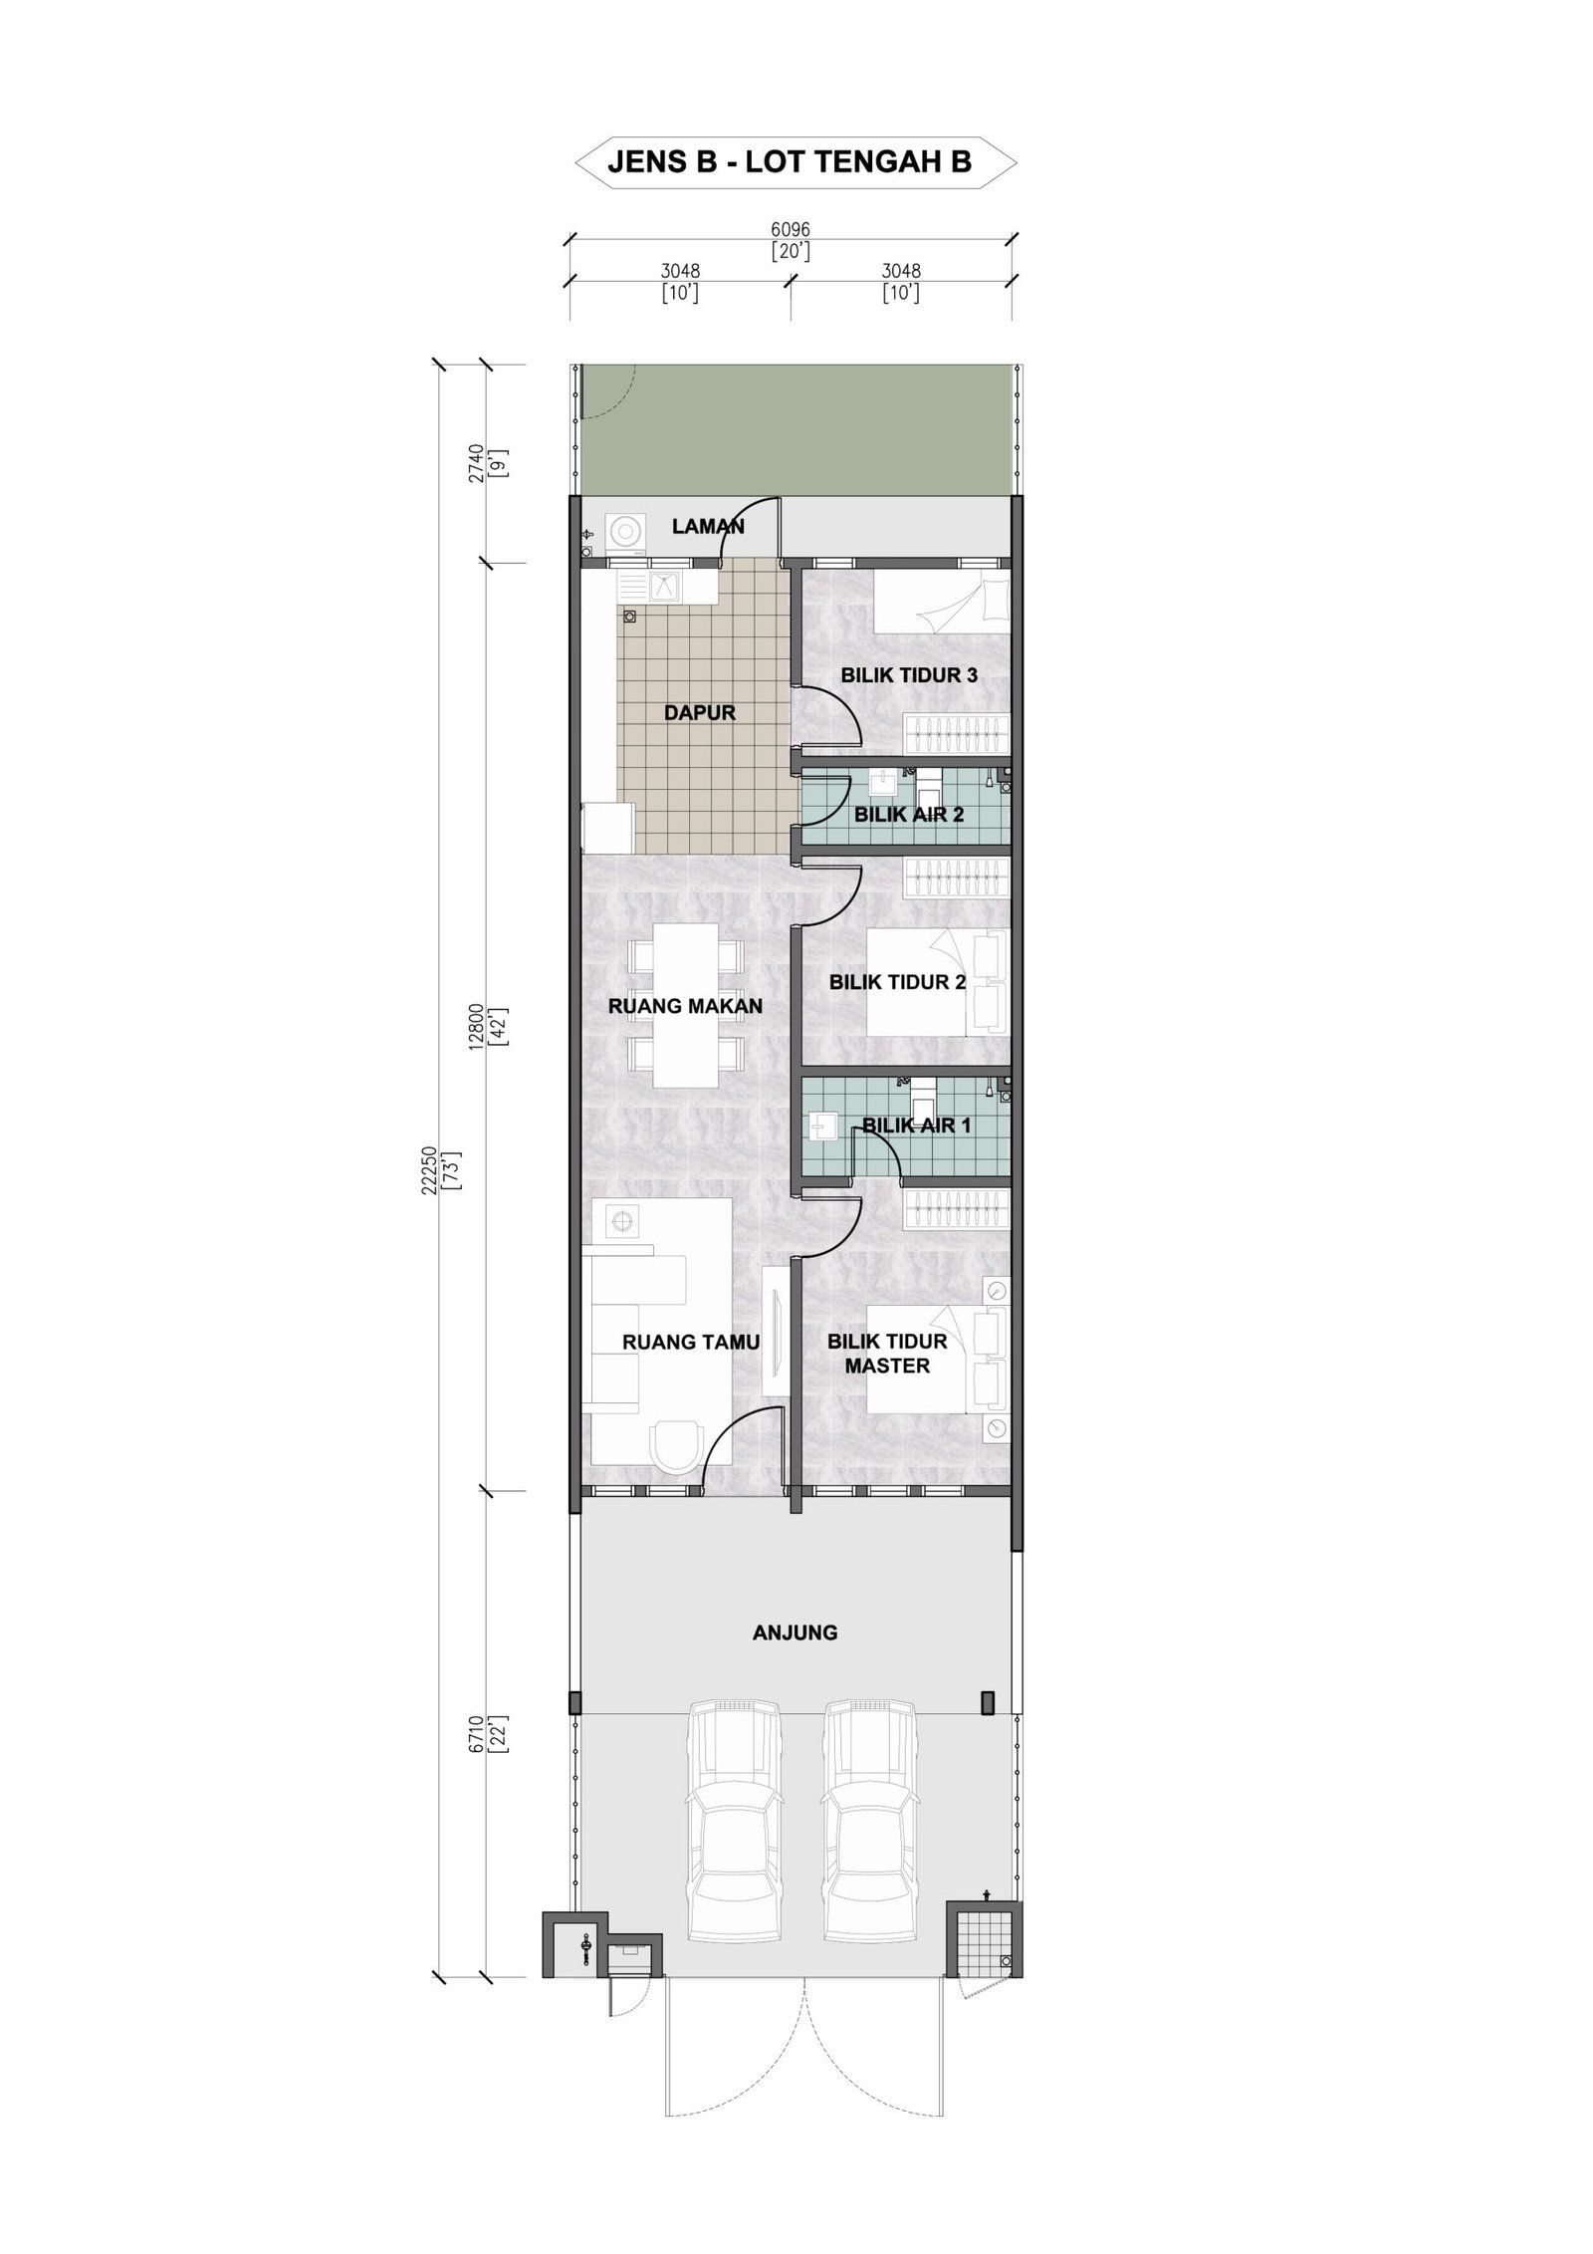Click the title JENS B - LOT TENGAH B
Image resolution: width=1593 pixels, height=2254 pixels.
(x=789, y=162)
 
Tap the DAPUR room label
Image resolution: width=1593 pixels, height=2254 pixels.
(x=699, y=712)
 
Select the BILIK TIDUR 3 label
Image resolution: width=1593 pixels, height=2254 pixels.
(x=909, y=674)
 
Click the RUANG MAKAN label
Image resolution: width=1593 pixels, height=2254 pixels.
(x=685, y=1006)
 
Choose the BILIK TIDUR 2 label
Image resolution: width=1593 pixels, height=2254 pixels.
(x=898, y=982)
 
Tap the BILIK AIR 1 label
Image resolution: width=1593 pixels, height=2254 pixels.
(x=916, y=1126)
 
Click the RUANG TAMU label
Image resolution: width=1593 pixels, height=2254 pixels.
(x=691, y=1342)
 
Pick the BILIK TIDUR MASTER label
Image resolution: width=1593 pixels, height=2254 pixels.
(x=887, y=1354)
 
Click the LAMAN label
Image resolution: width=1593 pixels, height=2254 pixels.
(x=708, y=526)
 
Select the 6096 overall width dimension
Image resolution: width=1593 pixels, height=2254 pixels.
(x=791, y=229)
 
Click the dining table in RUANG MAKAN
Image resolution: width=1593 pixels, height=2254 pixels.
(x=685, y=1006)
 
